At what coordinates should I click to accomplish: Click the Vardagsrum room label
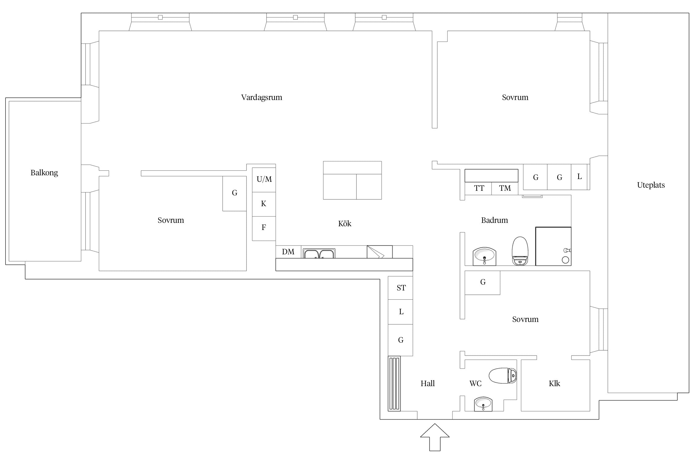click(262, 98)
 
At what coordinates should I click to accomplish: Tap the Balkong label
click(44, 173)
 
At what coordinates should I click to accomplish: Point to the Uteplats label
click(651, 185)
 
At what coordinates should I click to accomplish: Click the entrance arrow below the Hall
click(435, 437)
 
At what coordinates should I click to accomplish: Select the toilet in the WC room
click(503, 376)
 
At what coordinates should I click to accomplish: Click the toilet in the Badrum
click(520, 251)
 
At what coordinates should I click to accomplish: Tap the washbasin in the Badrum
click(484, 256)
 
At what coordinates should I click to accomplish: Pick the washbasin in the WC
click(483, 404)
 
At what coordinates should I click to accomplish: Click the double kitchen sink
click(319, 253)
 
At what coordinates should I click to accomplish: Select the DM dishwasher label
click(288, 252)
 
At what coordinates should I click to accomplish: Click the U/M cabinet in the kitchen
click(264, 180)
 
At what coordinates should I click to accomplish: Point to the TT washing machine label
click(479, 188)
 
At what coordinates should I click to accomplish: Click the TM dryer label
click(505, 188)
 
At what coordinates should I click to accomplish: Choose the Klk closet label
click(554, 384)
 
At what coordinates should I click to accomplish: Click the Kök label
click(345, 223)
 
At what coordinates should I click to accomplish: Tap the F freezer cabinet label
click(264, 227)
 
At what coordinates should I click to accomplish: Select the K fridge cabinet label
click(263, 204)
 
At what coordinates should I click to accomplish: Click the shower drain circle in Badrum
click(566, 260)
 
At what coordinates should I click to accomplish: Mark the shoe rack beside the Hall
click(394, 384)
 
